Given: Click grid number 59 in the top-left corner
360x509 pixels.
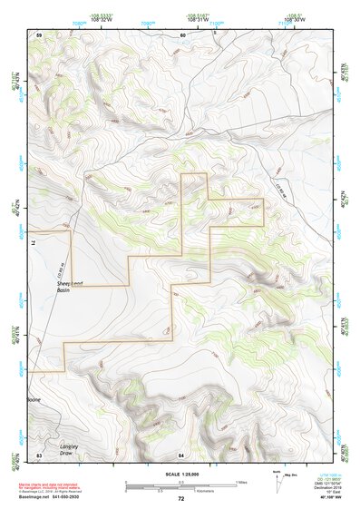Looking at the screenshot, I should [x=39, y=34].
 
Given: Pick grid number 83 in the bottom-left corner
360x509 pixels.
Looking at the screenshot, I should [x=39, y=453].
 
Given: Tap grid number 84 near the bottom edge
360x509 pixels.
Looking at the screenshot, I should [x=181, y=453].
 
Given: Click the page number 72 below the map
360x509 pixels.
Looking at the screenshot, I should [x=180, y=498].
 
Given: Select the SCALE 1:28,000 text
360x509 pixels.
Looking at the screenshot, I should [x=180, y=475].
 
